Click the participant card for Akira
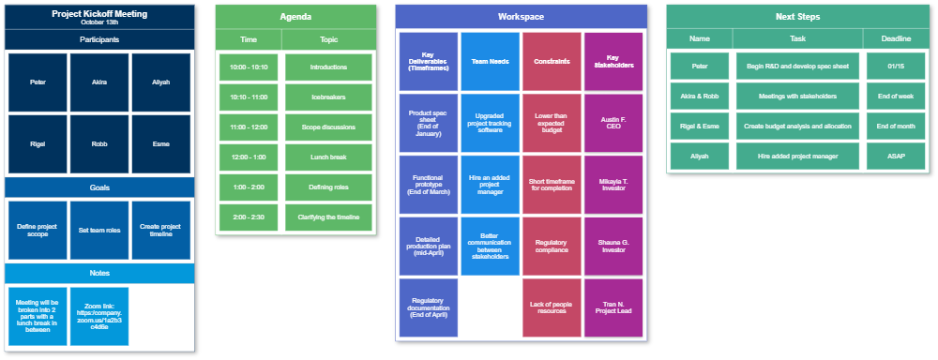99,82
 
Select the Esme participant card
160,144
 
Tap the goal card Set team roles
99,230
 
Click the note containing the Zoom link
99,316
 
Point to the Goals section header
99,187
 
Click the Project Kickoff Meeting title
99,14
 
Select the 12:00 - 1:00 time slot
249,157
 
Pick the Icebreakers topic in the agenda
328,97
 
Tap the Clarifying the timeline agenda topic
328,217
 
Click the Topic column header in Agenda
328,39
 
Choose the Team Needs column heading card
490,62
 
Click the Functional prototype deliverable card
428,184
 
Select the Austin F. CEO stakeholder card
613,123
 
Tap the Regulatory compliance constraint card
552,246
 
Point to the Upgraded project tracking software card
490,123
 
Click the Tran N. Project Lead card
613,307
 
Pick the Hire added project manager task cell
797,157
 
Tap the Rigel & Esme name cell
700,127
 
